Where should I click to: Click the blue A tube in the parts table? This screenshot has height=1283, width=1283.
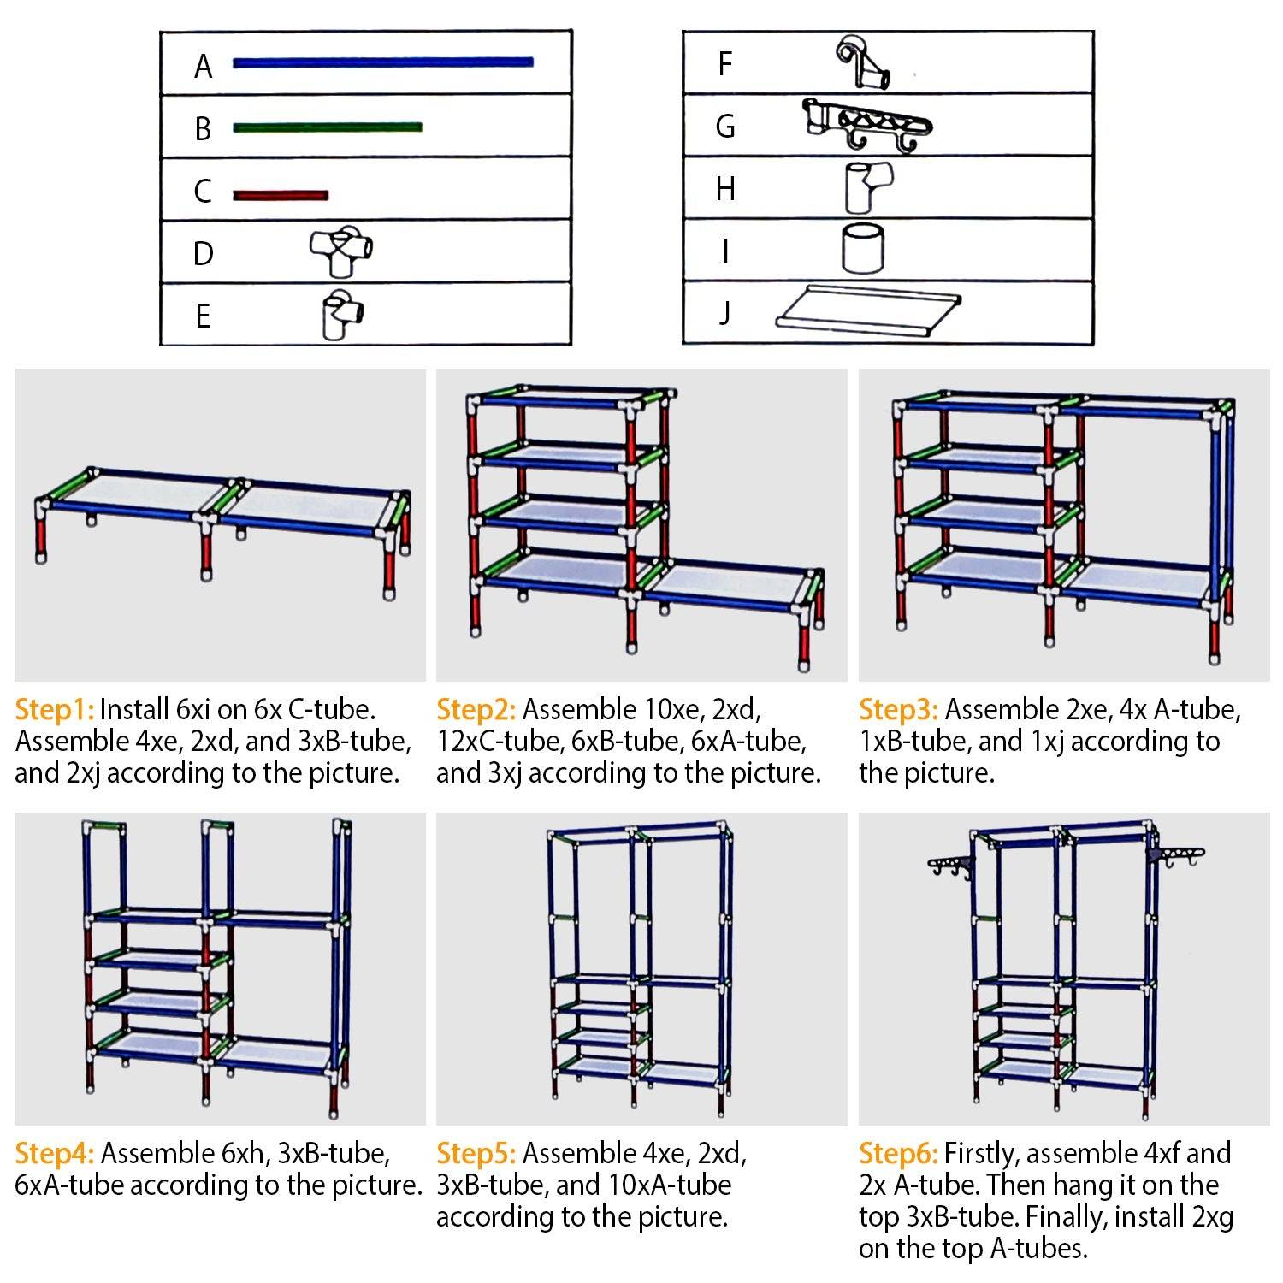click(x=382, y=62)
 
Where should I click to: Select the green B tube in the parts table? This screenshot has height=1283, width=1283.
click(x=327, y=127)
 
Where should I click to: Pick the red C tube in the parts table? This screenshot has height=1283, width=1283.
click(x=281, y=196)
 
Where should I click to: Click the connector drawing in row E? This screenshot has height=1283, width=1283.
click(x=342, y=315)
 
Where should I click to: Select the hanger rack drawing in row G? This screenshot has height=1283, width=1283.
click(x=867, y=125)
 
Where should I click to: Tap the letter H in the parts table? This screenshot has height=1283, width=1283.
click(x=725, y=189)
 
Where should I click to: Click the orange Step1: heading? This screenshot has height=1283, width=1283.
click(x=54, y=710)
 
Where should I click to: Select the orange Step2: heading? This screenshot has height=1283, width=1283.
click(x=476, y=710)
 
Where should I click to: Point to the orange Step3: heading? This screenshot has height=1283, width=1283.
click(x=898, y=710)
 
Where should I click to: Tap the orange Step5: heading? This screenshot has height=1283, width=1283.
click(x=476, y=1154)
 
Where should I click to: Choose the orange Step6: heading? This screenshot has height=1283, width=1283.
click(x=898, y=1154)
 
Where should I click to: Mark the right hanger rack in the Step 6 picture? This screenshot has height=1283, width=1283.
click(x=1179, y=857)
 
